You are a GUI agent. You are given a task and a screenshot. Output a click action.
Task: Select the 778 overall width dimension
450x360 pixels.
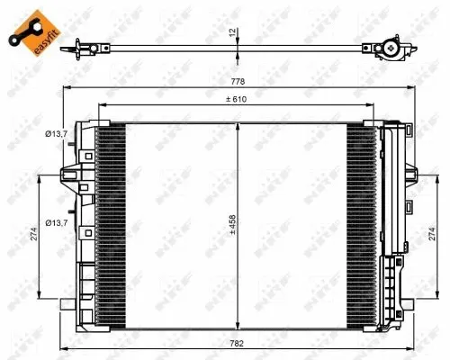click(x=236, y=80)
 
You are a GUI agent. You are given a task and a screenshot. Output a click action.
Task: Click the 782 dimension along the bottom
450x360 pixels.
click(x=236, y=343)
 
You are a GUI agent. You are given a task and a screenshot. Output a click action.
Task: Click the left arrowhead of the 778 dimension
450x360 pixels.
click(x=64, y=87)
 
